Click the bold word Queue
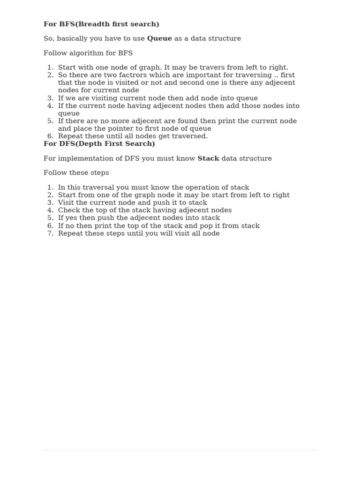(x=159, y=38)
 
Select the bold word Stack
(x=208, y=158)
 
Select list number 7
(x=50, y=233)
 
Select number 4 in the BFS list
(x=50, y=106)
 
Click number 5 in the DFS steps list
(x=50, y=218)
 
